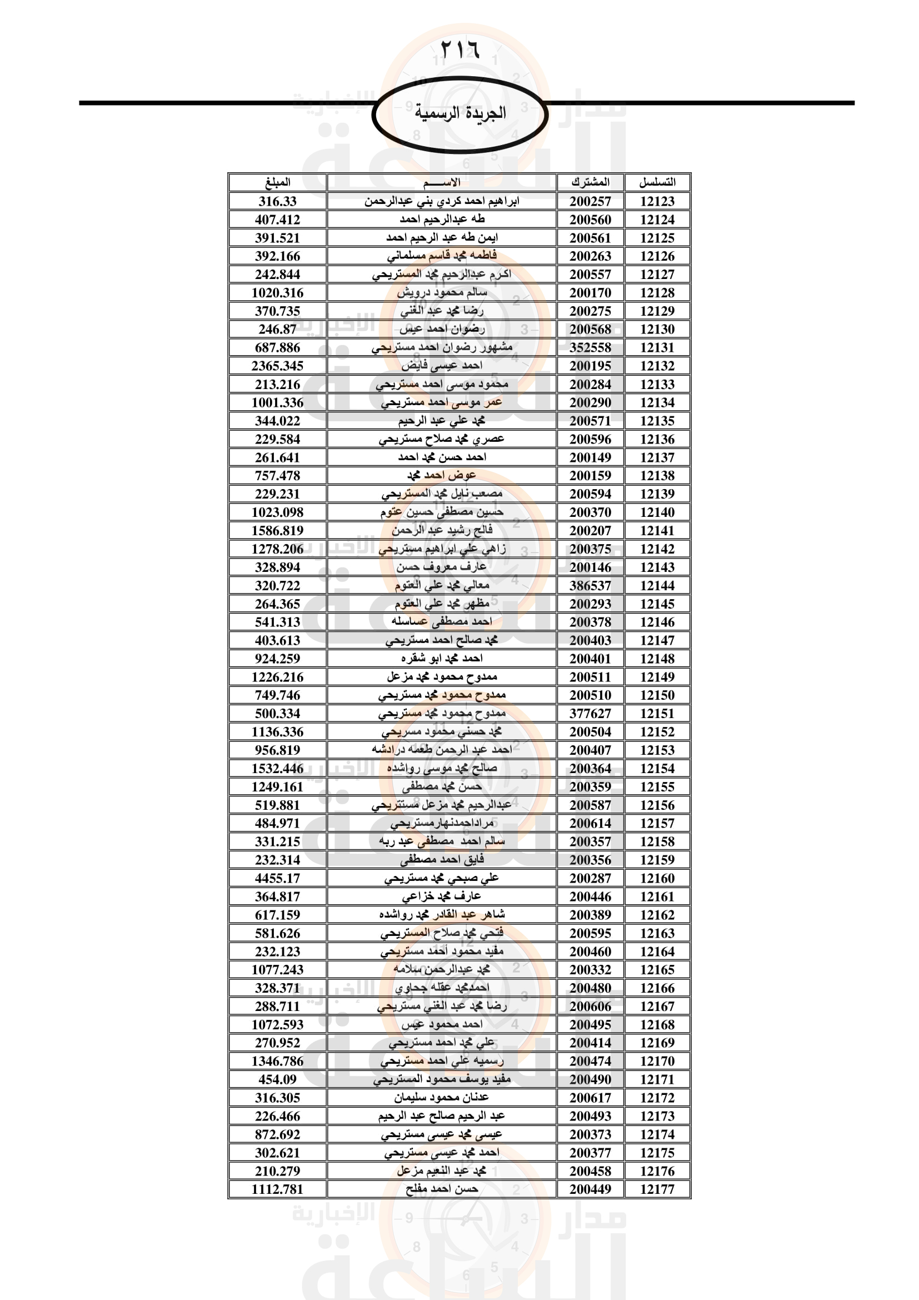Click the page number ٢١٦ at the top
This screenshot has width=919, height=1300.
[x=459, y=50]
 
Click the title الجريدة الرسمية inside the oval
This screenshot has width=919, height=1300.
[x=459, y=113]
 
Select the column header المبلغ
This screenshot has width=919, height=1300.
[x=277, y=182]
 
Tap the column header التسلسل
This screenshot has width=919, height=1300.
[x=657, y=182]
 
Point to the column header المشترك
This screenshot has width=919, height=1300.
[x=590, y=182]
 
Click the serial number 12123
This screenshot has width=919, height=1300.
[x=657, y=201]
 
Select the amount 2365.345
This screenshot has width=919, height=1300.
[x=277, y=366]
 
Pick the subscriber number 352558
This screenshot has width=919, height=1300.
[x=590, y=347]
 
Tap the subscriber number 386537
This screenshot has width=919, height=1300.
[x=590, y=585]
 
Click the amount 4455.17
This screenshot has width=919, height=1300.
[x=277, y=878]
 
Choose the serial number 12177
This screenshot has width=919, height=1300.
[x=657, y=1189]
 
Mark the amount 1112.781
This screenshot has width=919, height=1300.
[x=277, y=1189]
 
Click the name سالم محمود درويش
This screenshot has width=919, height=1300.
[x=441, y=292]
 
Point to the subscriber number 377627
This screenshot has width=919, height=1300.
[x=590, y=714]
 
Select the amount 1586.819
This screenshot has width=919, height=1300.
[x=277, y=531]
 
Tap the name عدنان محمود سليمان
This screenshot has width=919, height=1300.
[x=441, y=1097]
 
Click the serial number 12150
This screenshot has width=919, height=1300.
[x=657, y=695]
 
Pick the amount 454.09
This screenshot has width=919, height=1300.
[x=277, y=1079]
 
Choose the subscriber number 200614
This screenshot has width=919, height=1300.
[x=590, y=823]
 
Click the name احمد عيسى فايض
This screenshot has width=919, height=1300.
[x=441, y=366]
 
